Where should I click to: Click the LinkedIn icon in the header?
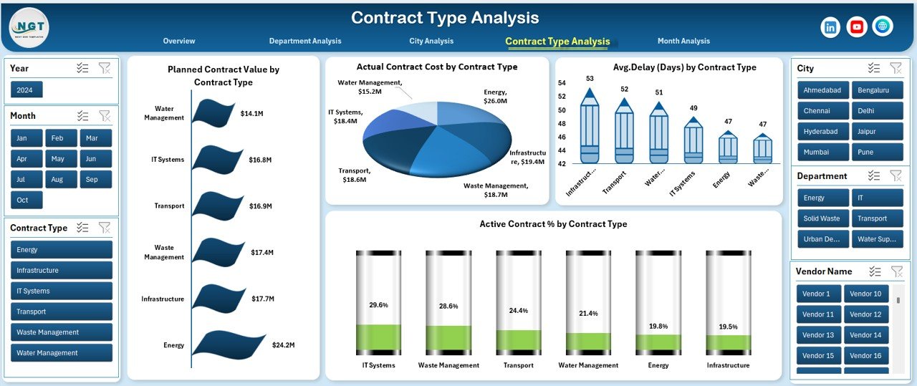830,27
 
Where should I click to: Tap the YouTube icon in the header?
856,27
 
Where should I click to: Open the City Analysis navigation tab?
431,41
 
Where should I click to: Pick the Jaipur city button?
877,132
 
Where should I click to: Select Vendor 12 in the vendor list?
865,314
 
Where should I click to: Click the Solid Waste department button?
822,218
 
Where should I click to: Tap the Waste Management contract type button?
62,332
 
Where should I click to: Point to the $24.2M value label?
284,345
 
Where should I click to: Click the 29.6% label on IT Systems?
378,305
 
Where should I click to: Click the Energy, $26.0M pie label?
494,97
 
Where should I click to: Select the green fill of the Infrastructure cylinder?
728,344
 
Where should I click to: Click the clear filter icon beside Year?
105,68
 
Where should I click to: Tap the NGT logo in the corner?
29,27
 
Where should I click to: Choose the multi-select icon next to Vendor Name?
874,271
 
